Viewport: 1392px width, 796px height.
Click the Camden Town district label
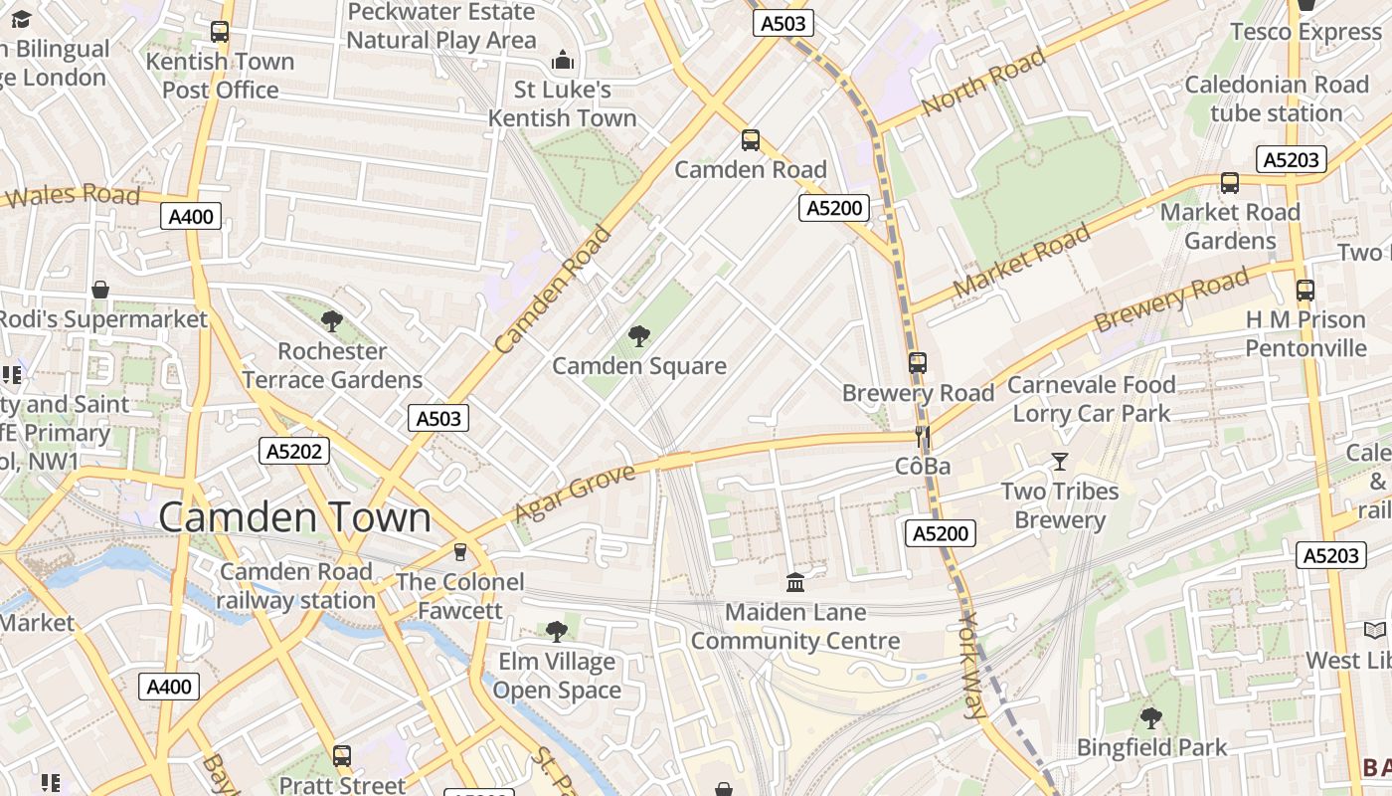coord(294,517)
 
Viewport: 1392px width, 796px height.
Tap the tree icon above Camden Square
coord(639,336)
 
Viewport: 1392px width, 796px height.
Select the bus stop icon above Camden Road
coord(751,140)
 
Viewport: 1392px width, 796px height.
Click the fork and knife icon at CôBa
coord(923,437)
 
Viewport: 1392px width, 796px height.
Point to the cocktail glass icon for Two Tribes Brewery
coord(1060,462)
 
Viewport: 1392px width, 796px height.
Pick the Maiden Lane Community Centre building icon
coord(795,582)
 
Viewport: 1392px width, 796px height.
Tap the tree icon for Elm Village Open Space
coord(557,631)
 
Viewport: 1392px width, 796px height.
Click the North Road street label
coord(983,82)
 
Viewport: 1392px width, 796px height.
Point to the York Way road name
coord(971,664)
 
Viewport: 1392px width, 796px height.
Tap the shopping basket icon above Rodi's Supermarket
coord(100,290)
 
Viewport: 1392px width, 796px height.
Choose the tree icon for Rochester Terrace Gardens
coord(332,320)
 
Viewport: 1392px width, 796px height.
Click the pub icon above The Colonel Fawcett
coord(460,551)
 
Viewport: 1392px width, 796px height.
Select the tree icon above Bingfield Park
coord(1151,717)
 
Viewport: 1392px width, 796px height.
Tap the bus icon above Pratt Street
coord(342,755)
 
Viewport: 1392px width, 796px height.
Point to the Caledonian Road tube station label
coord(1277,99)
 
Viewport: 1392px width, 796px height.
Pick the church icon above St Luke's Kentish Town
coord(563,61)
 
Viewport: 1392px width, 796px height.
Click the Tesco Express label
coord(1305,32)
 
